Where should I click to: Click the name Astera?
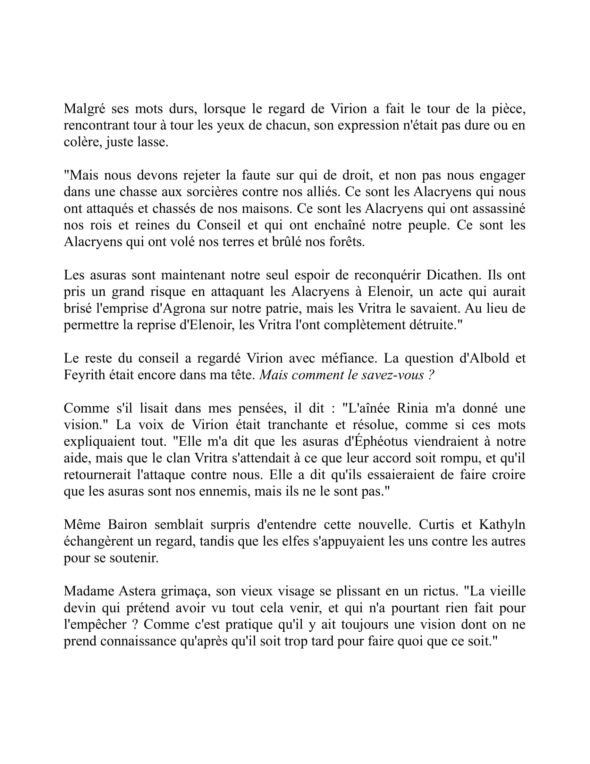pos(137,591)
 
